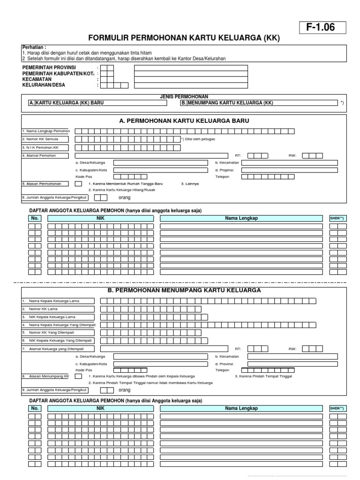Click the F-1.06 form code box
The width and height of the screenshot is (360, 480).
tap(321, 28)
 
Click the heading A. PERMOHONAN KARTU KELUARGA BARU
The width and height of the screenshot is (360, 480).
tap(184, 121)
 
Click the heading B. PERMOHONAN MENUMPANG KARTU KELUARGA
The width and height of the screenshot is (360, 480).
tap(184, 290)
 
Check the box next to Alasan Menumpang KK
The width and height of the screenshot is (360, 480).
tap(78, 376)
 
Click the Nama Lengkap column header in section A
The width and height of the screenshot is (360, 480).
tap(241, 218)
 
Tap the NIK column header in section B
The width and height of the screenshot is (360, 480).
tap(99, 408)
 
